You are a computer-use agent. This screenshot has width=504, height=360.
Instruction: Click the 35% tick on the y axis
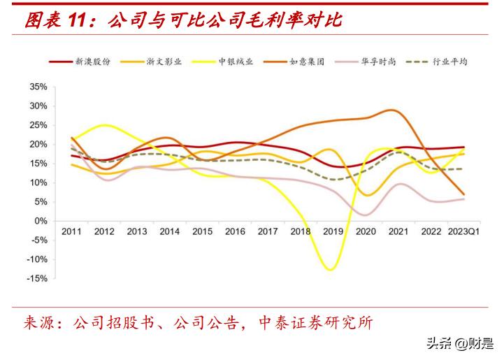[38, 87]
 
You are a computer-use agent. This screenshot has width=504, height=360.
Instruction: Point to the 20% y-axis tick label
[38, 145]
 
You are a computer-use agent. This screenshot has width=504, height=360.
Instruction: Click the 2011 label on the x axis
[71, 231]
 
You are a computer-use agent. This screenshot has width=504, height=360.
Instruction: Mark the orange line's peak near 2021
[394, 110]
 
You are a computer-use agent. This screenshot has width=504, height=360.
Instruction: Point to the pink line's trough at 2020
[366, 215]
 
